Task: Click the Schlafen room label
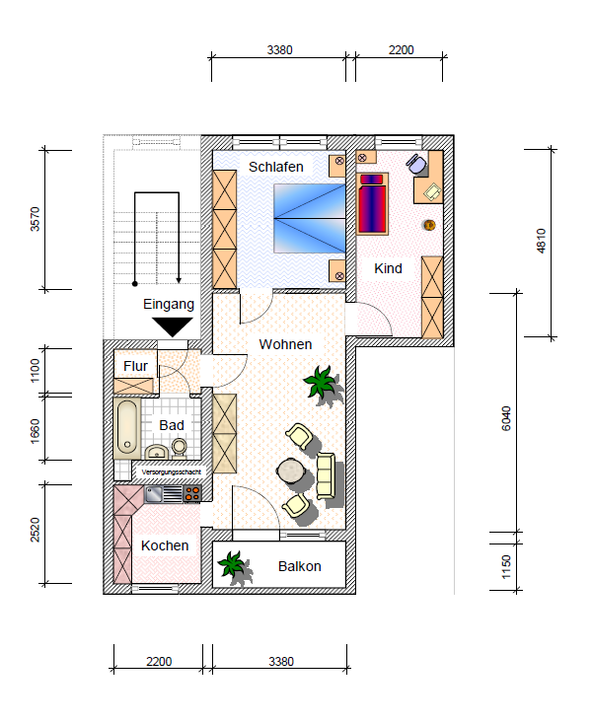(x=275, y=167)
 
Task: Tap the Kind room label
(x=388, y=268)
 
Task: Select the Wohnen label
(x=285, y=344)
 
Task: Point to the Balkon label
(x=299, y=566)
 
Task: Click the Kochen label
(x=165, y=545)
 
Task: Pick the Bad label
(x=172, y=425)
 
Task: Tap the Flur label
(x=136, y=366)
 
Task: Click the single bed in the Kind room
(x=373, y=204)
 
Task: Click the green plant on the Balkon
(x=233, y=564)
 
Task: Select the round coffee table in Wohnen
(x=291, y=471)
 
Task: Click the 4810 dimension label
(x=540, y=243)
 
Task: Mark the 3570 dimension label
(x=37, y=219)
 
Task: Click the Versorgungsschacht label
(x=172, y=471)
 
